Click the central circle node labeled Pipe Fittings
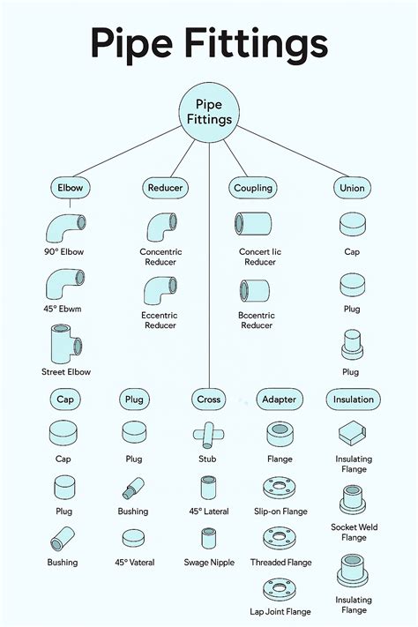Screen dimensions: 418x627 [x=209, y=112]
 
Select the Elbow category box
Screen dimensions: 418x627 [x=70, y=188]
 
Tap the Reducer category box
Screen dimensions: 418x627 [x=165, y=188]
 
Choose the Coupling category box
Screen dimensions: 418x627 [x=253, y=188]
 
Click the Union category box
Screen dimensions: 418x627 [x=352, y=188]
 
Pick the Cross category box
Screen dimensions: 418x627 [x=208, y=399]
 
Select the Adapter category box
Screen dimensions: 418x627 [x=280, y=399]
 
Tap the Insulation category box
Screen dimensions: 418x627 [x=354, y=399]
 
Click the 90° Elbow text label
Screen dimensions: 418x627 [x=64, y=252]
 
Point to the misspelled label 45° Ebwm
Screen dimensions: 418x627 [x=63, y=309]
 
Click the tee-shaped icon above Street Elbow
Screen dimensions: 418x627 [x=66, y=344]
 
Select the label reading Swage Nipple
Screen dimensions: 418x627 [x=209, y=563]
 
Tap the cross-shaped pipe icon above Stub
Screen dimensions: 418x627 [x=208, y=435]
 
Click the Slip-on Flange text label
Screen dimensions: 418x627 [x=280, y=511]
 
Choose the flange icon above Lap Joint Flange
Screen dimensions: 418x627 [x=280, y=589]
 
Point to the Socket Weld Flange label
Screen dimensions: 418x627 [x=354, y=533]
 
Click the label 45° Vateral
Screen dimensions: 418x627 [x=135, y=563]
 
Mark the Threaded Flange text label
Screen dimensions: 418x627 [x=280, y=563]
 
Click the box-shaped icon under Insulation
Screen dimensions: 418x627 [x=352, y=433]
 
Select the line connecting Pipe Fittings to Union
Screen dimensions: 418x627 [x=293, y=152]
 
